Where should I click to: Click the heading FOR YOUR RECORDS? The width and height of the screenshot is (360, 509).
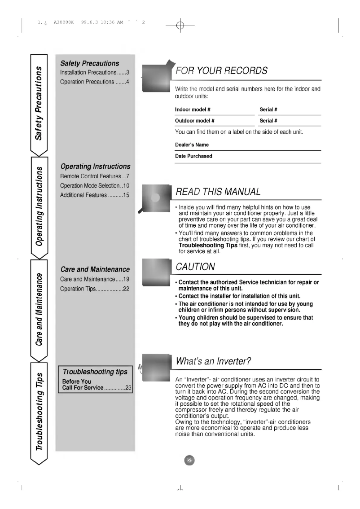(x=222, y=70)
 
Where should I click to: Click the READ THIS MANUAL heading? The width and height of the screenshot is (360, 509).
(x=218, y=192)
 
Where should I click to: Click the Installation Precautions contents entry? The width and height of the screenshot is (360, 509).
(x=95, y=72)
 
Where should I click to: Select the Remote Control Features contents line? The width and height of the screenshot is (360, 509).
(x=95, y=176)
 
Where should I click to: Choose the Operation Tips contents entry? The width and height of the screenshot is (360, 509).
(x=95, y=289)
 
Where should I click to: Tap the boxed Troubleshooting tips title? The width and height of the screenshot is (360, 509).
(x=95, y=371)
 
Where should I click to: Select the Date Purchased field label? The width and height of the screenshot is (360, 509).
(x=193, y=156)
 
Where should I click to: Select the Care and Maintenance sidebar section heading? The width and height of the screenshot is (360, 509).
(x=95, y=269)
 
